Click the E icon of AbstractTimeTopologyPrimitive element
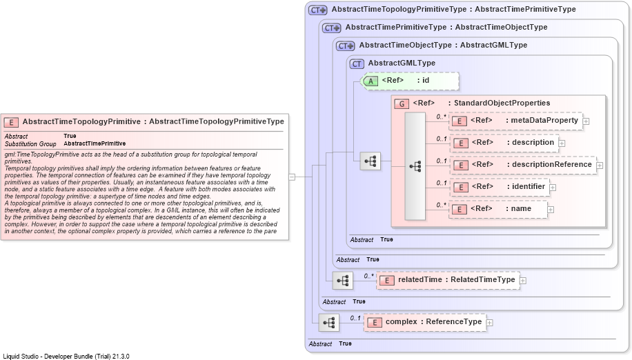(11, 122)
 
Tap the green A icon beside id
(371, 81)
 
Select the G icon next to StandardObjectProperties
(402, 104)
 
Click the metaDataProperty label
(544, 120)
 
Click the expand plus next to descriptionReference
(600, 166)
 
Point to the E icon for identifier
(460, 188)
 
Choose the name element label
(521, 208)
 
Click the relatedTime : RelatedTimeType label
(456, 279)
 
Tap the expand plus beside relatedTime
(523, 281)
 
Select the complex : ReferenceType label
(433, 321)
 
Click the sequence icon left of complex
(329, 323)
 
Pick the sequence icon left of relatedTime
(343, 281)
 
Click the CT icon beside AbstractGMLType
(357, 63)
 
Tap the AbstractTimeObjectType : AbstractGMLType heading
(443, 45)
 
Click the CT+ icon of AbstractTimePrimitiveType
(332, 28)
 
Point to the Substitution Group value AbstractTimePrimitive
(95, 143)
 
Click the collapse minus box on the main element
(292, 177)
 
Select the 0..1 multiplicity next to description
(442, 139)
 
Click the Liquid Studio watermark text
(66, 357)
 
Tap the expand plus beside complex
(489, 323)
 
